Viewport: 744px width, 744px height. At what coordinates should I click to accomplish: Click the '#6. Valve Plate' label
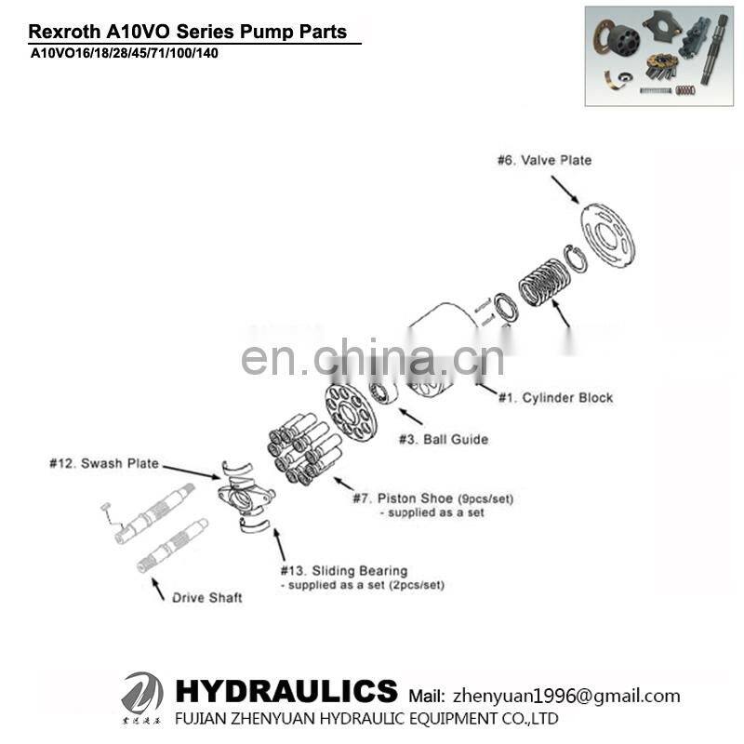pyautogui.click(x=544, y=160)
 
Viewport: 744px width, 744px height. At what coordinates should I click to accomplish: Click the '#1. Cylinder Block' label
pyautogui.click(x=555, y=397)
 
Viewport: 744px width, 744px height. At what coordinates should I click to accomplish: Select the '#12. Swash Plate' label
pyautogui.click(x=103, y=462)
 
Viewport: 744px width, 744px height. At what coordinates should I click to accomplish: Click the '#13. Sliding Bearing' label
pyautogui.click(x=343, y=570)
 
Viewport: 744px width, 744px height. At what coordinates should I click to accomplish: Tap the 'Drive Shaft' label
pyautogui.click(x=206, y=597)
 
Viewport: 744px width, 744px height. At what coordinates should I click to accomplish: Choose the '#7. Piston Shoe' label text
pyautogui.click(x=432, y=498)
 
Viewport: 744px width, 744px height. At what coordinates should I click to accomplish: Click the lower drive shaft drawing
pyautogui.click(x=173, y=545)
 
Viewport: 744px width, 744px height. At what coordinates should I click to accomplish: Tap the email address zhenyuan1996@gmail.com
pyautogui.click(x=565, y=696)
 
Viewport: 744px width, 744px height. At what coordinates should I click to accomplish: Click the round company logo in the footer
pyautogui.click(x=141, y=695)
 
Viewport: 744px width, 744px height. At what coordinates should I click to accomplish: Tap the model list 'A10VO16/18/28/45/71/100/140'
pyautogui.click(x=126, y=53)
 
